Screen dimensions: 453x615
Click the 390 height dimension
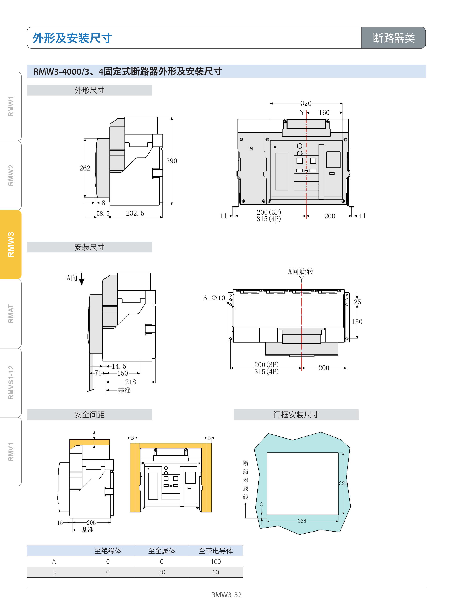pos(171,161)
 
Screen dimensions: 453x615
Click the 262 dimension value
pos(85,168)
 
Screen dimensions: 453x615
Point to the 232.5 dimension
pos(135,213)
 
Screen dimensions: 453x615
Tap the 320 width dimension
pos(306,103)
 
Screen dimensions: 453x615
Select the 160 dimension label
pos(324,113)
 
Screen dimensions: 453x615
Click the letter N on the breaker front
pos(251,148)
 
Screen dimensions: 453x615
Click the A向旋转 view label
pos(301,271)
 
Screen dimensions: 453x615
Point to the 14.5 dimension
pos(119,366)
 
